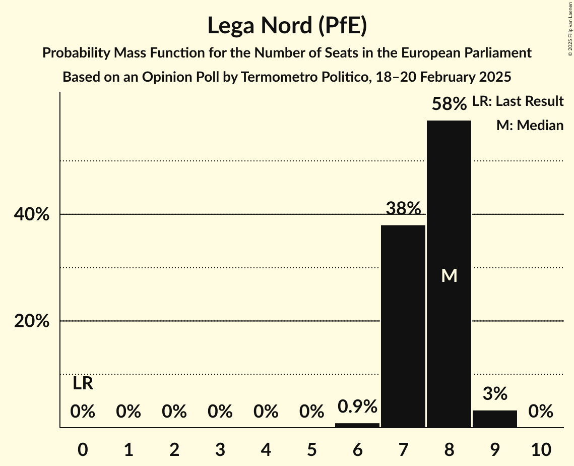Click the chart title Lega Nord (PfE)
click(x=287, y=26)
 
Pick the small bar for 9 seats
click(x=495, y=419)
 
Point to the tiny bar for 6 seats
click(x=357, y=425)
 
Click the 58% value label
click(x=449, y=104)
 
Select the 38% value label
click(x=403, y=208)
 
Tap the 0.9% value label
click(x=357, y=406)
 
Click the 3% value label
click(x=495, y=393)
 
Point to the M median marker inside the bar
click(x=449, y=275)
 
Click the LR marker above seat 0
click(x=83, y=383)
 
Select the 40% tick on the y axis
click(x=31, y=214)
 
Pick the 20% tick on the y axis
click(x=31, y=321)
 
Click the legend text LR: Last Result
click(x=518, y=101)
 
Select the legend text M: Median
click(x=530, y=125)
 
